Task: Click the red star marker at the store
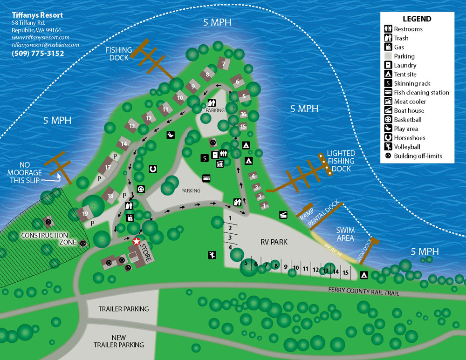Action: pos(137,242)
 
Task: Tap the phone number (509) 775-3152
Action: pos(38,54)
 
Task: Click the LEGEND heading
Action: pos(417,19)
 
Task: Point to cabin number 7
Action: pos(224,63)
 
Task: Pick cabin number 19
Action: pos(85,214)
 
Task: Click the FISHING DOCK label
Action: pos(118,54)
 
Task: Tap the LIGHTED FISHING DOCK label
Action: pos(341,161)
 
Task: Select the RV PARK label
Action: pos(274,242)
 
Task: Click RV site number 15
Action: pos(345,272)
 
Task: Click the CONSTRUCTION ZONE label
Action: pos(44,239)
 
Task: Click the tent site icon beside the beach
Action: pos(364,275)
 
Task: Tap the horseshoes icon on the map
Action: pos(152,169)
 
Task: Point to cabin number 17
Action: pos(108,167)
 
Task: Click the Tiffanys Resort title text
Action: pos(37,15)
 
